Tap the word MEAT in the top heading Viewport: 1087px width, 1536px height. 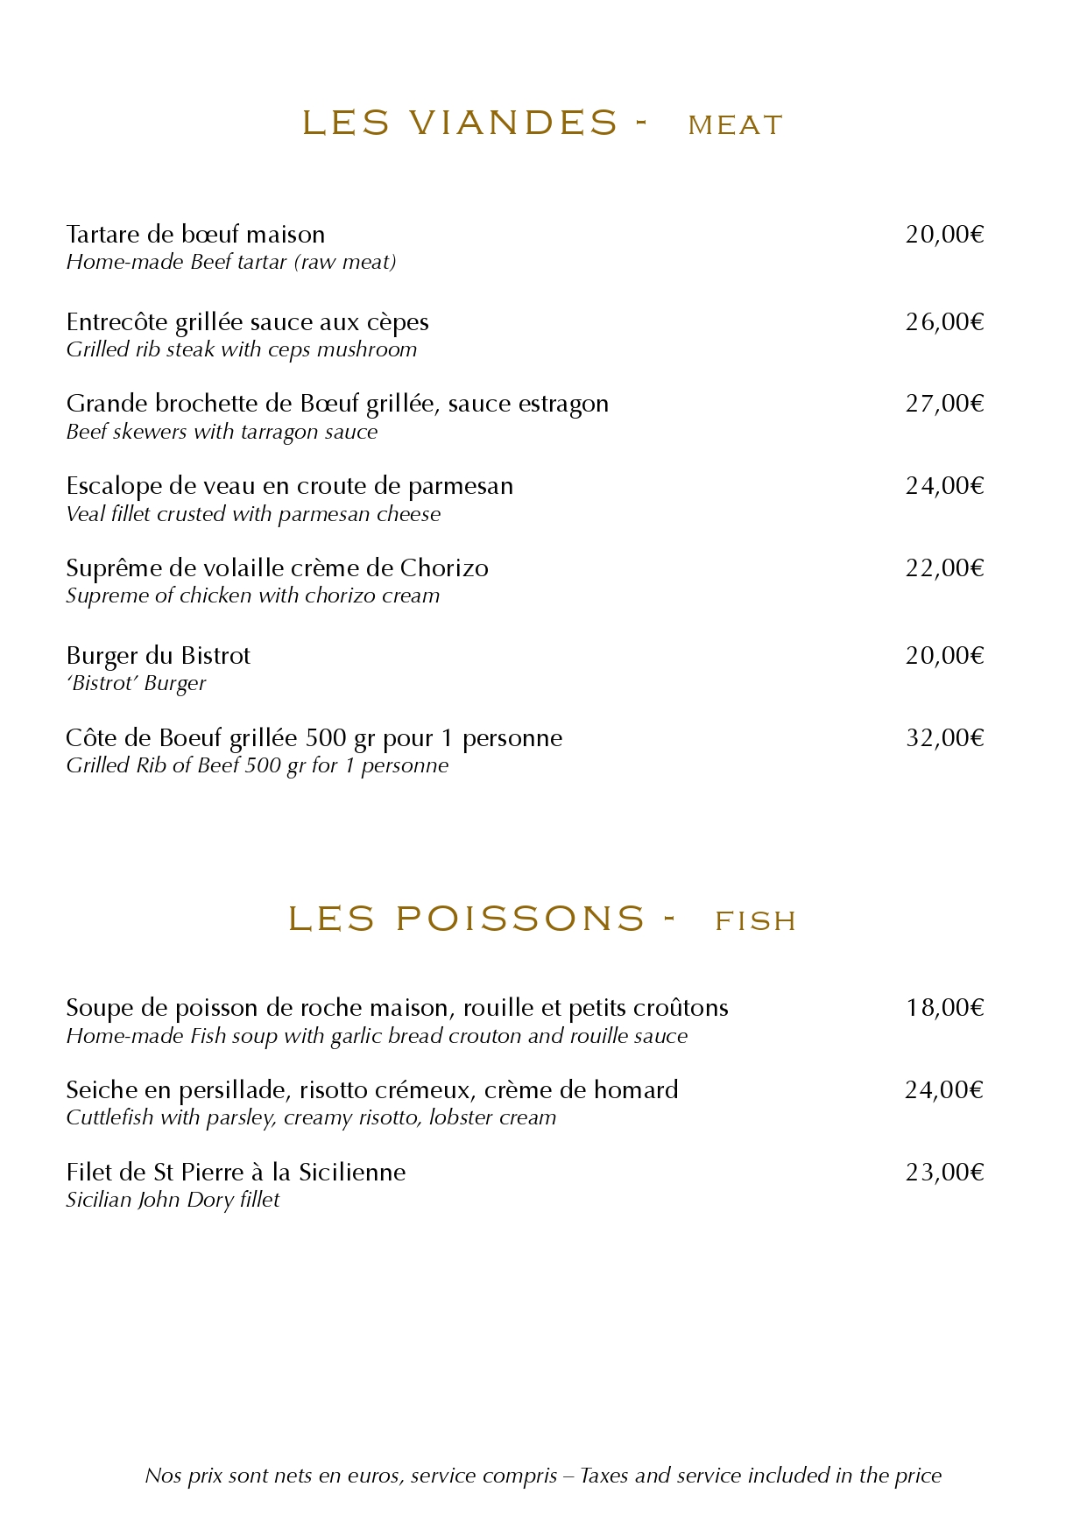coord(735,125)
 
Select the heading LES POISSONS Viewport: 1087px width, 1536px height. coord(466,919)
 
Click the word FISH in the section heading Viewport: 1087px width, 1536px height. coord(755,920)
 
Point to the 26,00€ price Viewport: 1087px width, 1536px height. coord(944,322)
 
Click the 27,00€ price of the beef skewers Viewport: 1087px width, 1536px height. coord(944,404)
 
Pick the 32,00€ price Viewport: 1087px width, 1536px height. coord(944,738)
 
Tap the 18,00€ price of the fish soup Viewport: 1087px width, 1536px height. coord(944,1008)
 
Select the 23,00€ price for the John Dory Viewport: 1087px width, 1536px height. coord(944,1173)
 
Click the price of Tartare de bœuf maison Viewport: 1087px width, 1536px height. coord(944,235)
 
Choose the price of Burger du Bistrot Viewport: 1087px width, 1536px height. coord(944,656)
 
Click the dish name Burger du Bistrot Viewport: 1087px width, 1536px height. coord(158,656)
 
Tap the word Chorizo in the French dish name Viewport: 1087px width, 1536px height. coord(444,568)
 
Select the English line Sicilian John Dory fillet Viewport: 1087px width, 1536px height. coord(173,1200)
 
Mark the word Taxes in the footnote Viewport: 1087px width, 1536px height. coord(604,1476)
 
